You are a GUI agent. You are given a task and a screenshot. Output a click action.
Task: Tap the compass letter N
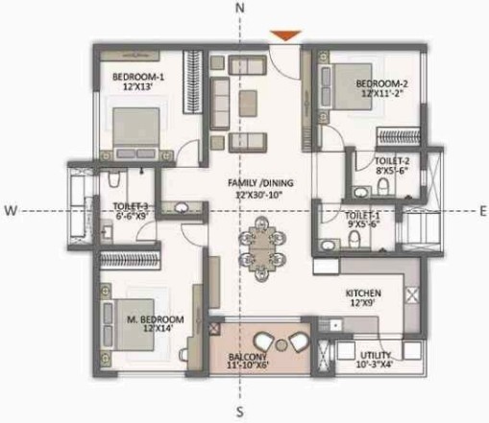point(244,8)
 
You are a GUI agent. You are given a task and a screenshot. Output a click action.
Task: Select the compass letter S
point(244,413)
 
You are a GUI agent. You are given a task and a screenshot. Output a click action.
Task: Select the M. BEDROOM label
point(155,318)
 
